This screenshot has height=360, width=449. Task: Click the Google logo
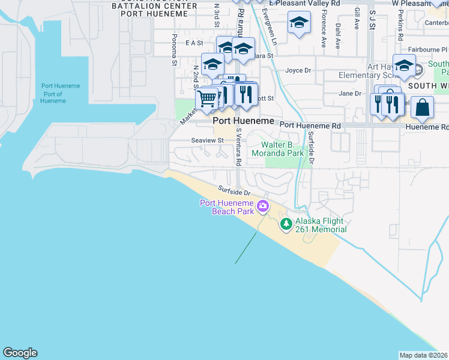tap(20, 353)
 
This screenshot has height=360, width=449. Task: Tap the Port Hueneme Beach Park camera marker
tap(262, 207)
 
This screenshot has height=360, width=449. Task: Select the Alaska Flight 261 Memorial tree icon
tap(287, 224)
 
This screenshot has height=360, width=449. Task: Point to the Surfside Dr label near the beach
tap(234, 190)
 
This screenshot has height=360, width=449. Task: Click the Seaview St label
tap(207, 140)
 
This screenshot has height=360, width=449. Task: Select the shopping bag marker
tap(423, 107)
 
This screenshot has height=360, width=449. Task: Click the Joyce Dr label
tap(298, 70)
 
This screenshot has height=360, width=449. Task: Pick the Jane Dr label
tap(350, 94)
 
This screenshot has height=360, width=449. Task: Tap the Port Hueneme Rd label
tap(310, 126)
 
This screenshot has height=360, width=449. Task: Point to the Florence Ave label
tap(324, 31)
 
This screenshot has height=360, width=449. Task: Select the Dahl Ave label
tap(338, 36)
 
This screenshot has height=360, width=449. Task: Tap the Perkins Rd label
tap(400, 27)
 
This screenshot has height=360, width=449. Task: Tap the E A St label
tap(195, 43)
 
